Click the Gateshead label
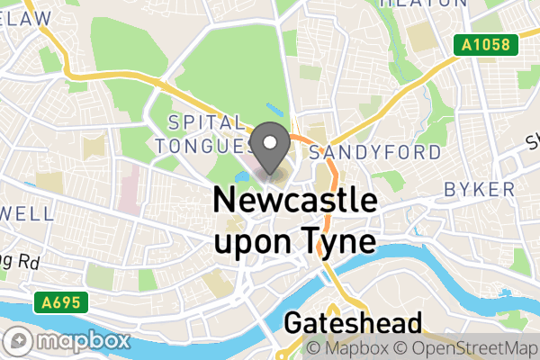tap(353, 324)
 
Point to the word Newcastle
tap(293, 201)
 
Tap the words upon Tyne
tap(293, 241)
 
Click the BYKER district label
tap(480, 190)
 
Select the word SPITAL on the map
tap(206, 122)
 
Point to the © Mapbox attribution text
tap(351, 347)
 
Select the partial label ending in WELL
tap(27, 215)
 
